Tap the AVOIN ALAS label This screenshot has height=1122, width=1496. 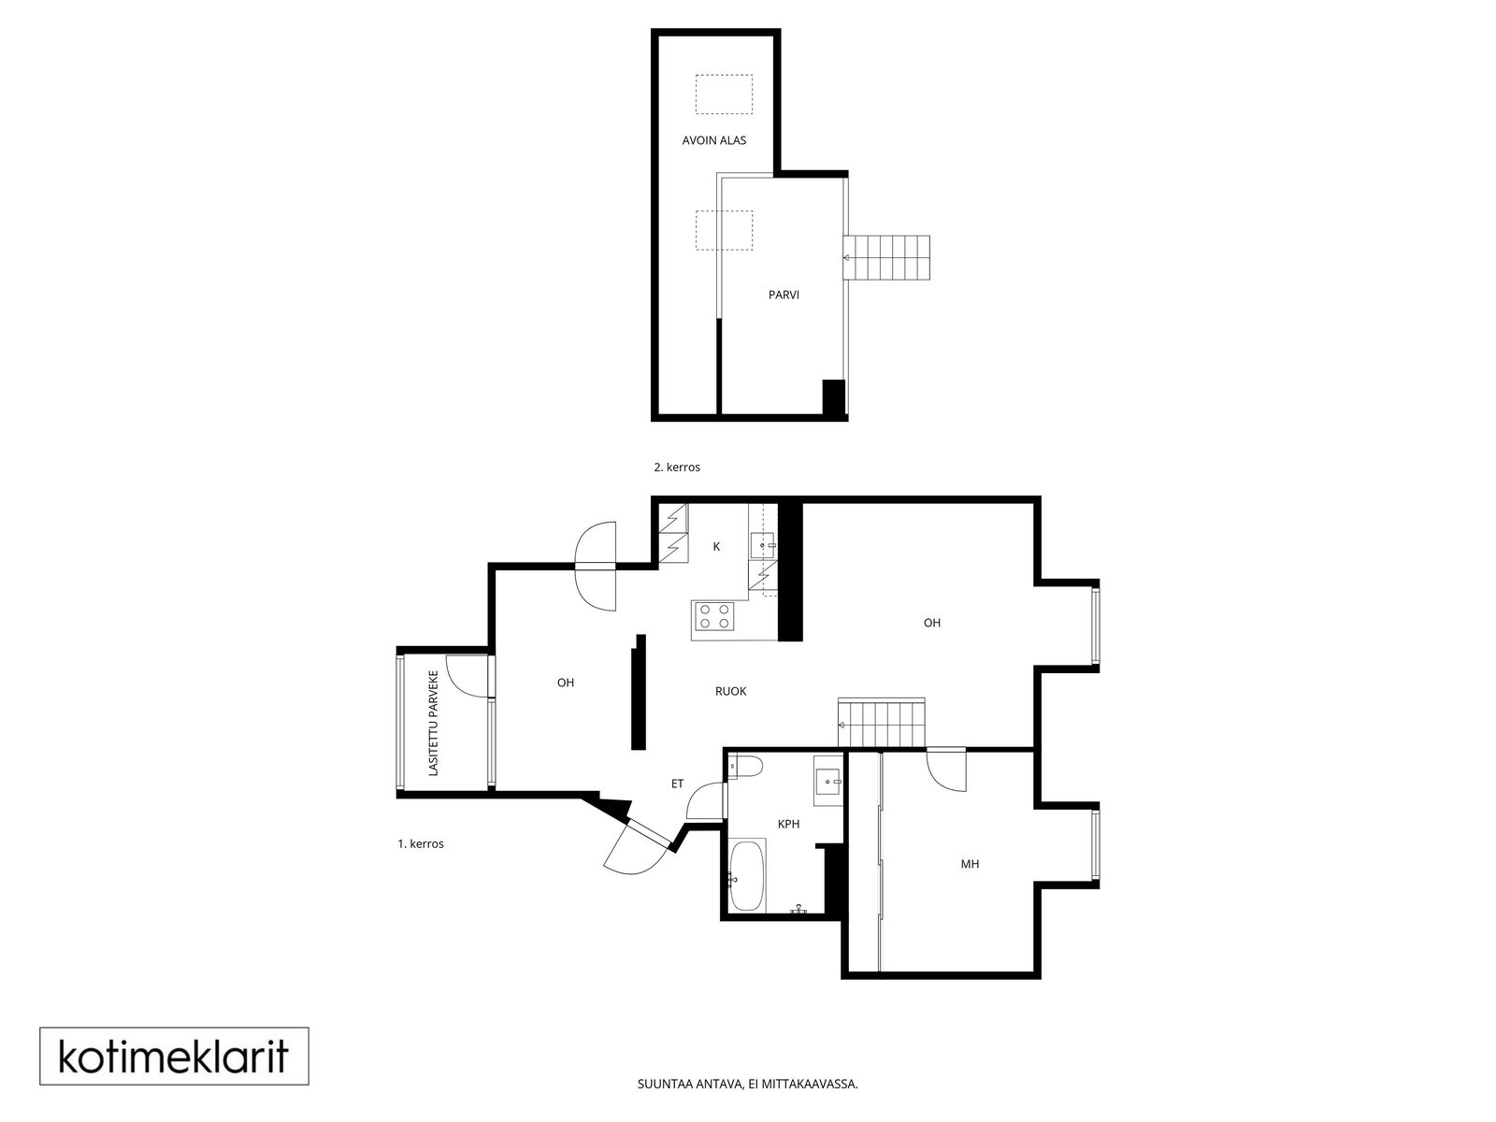(713, 140)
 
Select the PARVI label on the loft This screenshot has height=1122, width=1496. (784, 295)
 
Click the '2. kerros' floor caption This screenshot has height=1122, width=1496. (677, 467)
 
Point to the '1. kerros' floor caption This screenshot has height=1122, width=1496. (421, 843)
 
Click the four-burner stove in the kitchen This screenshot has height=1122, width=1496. (713, 617)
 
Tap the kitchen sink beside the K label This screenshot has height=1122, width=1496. (763, 545)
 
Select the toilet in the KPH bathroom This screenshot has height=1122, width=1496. (744, 767)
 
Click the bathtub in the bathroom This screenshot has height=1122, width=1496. (746, 875)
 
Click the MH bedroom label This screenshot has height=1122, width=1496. (970, 864)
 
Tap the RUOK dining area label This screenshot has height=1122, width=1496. (730, 691)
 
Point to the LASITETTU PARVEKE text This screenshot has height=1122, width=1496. (433, 724)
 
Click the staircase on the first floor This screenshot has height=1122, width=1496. (882, 722)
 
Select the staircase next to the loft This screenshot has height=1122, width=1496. (886, 257)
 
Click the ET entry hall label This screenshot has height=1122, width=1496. (677, 784)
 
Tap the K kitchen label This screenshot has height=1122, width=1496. (716, 546)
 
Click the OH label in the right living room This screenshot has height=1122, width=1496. (931, 622)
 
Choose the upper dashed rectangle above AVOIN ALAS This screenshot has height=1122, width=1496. (724, 94)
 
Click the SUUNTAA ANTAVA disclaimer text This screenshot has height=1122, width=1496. (748, 1103)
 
